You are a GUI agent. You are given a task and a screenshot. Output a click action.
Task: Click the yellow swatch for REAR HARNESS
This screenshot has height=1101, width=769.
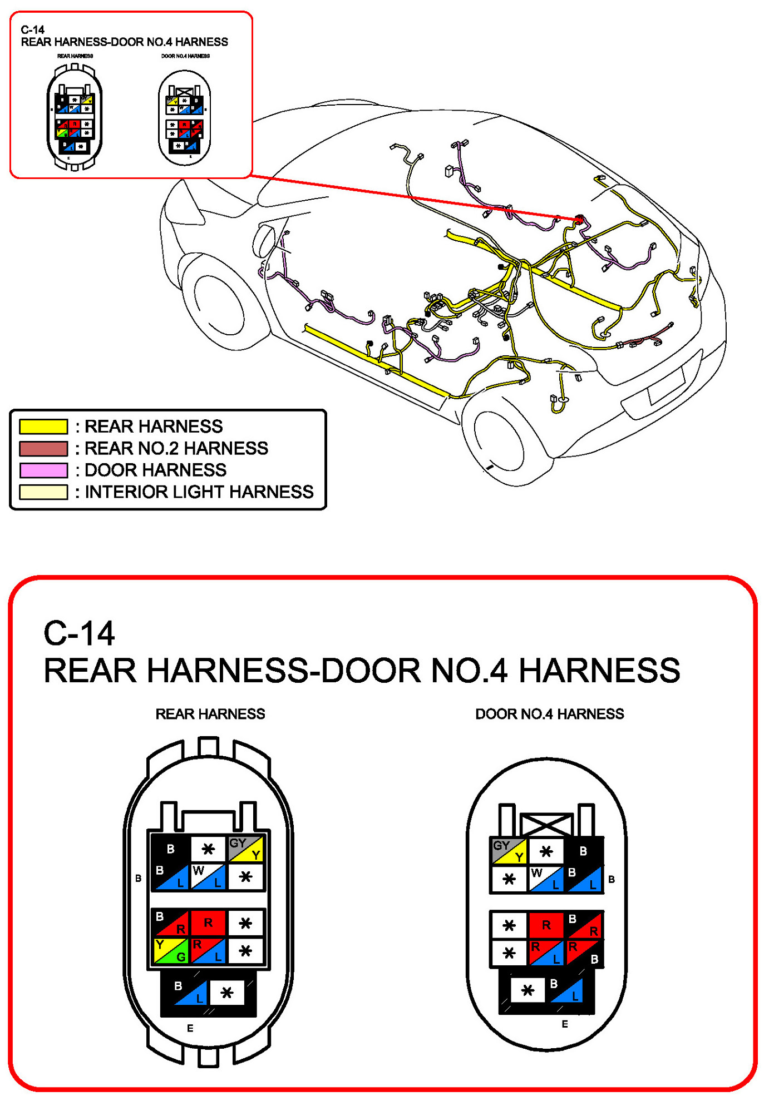pyautogui.click(x=43, y=426)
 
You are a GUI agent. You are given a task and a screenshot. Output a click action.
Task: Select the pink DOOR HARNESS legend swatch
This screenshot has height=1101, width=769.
pyautogui.click(x=43, y=470)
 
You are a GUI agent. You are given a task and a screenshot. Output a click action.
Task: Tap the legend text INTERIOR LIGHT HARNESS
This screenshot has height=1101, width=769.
pyautogui.click(x=199, y=492)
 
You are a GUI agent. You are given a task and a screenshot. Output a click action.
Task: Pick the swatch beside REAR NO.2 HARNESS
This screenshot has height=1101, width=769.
pyautogui.click(x=43, y=448)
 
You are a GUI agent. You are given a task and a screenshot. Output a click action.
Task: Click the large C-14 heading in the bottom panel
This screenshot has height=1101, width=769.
pyautogui.click(x=79, y=633)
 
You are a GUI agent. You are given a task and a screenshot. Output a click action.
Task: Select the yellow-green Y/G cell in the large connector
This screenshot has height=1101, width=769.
pyautogui.click(x=171, y=950)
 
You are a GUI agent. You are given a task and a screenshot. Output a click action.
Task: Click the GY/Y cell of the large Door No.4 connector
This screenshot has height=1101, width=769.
pyautogui.click(x=509, y=851)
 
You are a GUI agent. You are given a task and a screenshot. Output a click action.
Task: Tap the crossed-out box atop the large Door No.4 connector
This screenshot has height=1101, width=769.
pyautogui.click(x=546, y=824)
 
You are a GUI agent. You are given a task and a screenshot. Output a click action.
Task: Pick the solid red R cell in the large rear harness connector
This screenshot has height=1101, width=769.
pyautogui.click(x=208, y=923)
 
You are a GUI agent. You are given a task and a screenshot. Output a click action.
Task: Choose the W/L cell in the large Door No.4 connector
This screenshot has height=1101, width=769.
pyautogui.click(x=546, y=879)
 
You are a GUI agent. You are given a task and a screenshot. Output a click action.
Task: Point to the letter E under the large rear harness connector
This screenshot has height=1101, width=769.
pyautogui.click(x=190, y=1028)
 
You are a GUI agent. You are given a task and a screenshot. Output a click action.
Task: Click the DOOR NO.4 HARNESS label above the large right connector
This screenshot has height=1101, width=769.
pyautogui.click(x=549, y=714)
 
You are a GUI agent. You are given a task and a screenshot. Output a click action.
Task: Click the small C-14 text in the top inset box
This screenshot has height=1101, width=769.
pyautogui.click(x=33, y=30)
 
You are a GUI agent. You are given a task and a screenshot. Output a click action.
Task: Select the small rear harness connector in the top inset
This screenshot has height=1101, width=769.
pyautogui.click(x=75, y=117)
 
